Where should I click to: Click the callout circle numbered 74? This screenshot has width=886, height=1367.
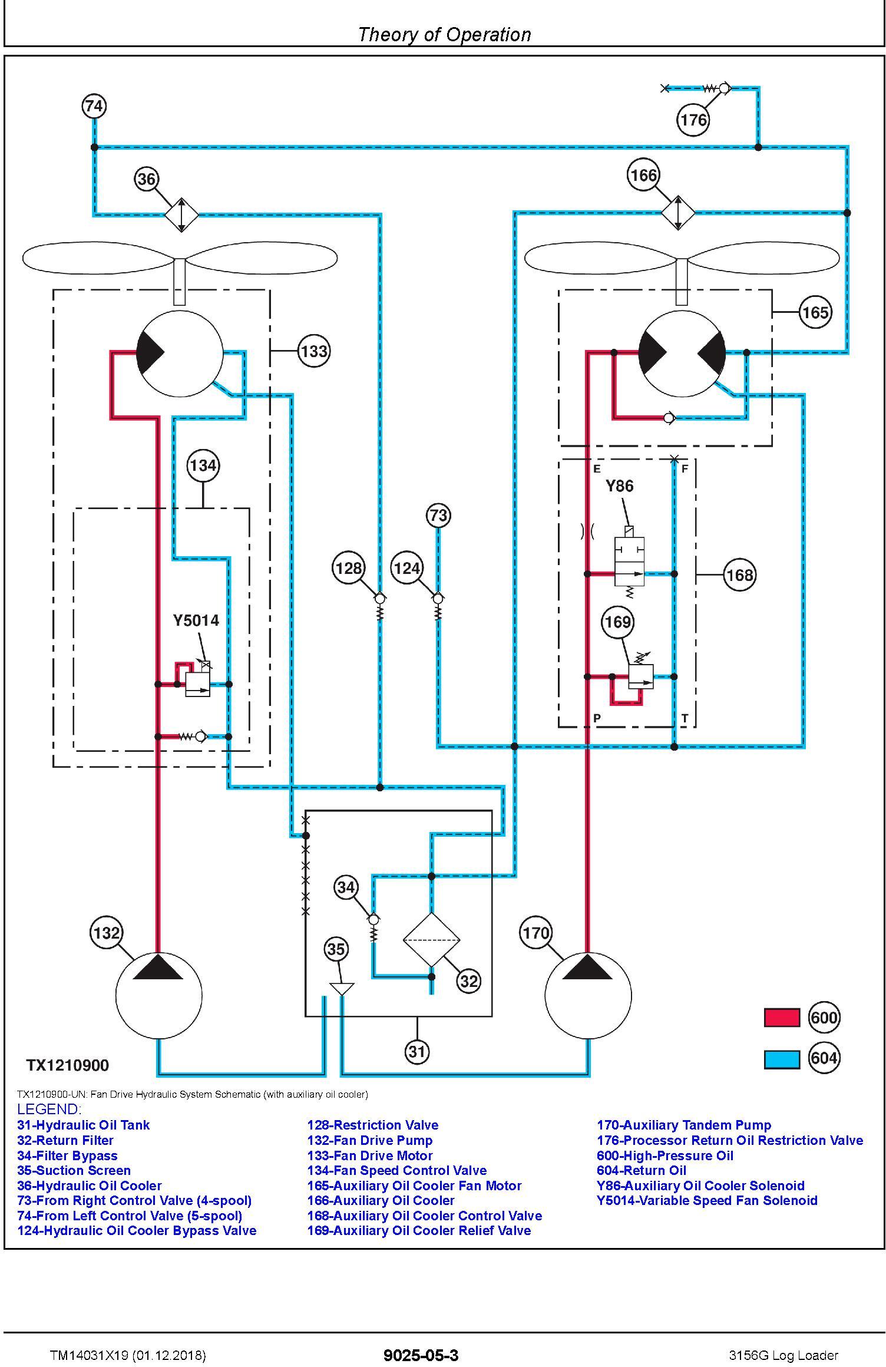[x=94, y=107]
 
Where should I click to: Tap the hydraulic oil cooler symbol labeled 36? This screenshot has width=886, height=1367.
[x=181, y=214]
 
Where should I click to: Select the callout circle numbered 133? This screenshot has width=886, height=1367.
[x=313, y=351]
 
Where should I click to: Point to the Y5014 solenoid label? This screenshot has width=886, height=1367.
[x=196, y=620]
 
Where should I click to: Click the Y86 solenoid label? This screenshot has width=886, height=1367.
[x=620, y=486]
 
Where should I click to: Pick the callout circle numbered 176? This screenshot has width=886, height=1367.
[x=693, y=120]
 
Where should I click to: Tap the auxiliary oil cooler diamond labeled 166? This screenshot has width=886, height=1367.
[x=678, y=213]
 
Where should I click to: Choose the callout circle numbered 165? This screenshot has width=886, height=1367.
[x=815, y=312]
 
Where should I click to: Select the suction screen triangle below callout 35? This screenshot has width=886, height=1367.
[x=342, y=989]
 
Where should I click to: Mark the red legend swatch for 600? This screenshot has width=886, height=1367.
[x=782, y=1018]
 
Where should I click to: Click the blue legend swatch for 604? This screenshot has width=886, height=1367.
[x=782, y=1059]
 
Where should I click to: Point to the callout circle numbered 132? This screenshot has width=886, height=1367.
[x=107, y=933]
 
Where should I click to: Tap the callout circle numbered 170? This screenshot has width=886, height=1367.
[x=536, y=933]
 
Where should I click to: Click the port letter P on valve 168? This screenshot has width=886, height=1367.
[x=597, y=718]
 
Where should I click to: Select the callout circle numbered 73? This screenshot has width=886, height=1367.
[x=438, y=516]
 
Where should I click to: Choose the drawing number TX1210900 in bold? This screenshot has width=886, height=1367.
[x=68, y=1065]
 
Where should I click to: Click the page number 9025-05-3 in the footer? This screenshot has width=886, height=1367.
[x=421, y=1355]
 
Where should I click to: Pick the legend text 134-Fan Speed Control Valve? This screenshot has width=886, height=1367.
[x=397, y=1170]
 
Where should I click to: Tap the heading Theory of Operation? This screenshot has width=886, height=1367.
[x=444, y=35]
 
